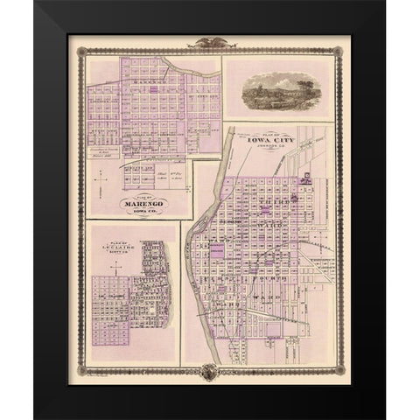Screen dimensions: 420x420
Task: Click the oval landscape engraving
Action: tap(277, 89)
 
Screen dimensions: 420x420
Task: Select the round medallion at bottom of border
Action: tap(209, 371)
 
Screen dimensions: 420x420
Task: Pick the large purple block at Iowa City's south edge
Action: tap(272, 330)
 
